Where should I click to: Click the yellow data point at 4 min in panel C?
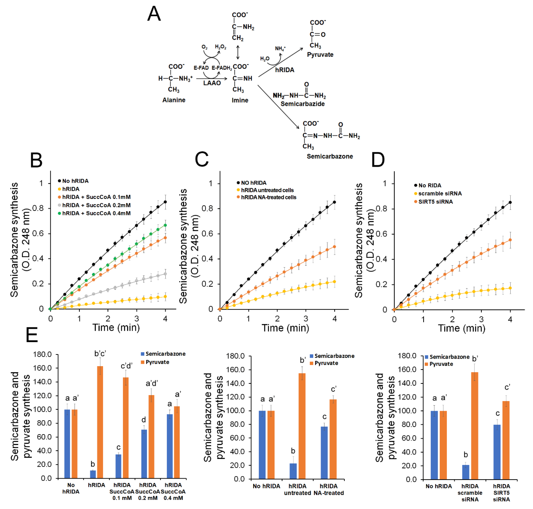[x=334, y=282]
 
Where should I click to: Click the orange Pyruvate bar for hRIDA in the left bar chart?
[x=100, y=422]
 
